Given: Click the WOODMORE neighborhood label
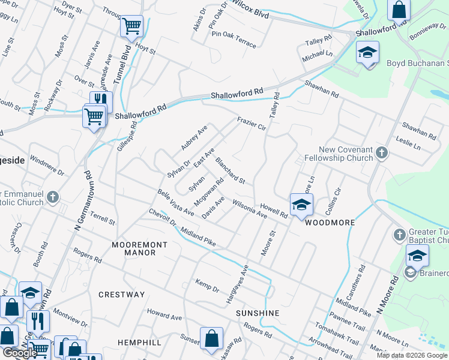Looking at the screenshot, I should coord(330,223).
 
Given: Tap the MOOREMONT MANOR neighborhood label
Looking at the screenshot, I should coord(134,249).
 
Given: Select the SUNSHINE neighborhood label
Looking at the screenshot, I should coord(258,313).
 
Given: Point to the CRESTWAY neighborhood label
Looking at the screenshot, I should coord(122,295).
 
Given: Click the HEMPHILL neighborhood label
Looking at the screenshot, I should coord(139,342).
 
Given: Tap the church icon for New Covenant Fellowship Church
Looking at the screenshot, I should coord(381,154).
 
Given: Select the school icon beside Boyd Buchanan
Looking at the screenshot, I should coord(367,52).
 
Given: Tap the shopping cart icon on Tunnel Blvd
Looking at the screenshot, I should coord(131,26).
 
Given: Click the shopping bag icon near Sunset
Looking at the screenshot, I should coord(211,338).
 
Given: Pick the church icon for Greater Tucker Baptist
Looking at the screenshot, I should coord(400,234).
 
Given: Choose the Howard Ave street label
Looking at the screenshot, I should coord(164,315).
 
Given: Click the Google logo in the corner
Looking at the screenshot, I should coord(19,353).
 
